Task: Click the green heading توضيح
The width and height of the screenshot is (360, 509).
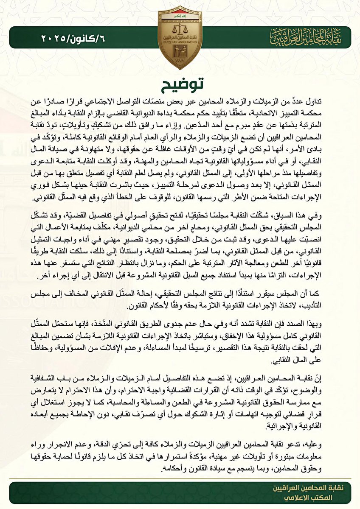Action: coord(180,87)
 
